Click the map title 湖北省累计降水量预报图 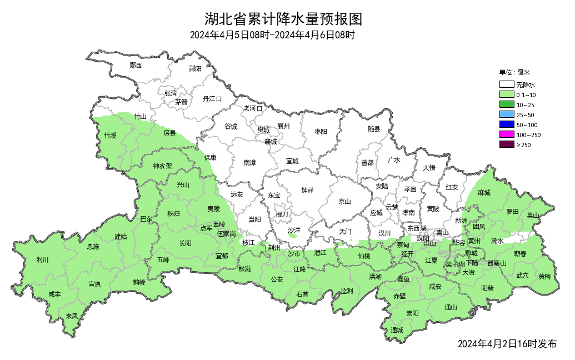283,19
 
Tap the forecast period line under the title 272,35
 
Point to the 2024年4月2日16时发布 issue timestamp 507,344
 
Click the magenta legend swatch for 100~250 506,134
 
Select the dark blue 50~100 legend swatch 506,124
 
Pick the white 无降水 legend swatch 506,85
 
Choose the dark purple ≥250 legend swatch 506,144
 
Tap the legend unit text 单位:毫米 514,72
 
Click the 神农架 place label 162,166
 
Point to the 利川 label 42,259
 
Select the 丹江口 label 212,98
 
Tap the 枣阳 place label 321,132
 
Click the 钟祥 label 307,190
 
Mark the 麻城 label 484,193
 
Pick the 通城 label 397,330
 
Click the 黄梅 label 544,276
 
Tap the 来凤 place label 72,316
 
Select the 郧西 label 136,65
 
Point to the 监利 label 347,291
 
